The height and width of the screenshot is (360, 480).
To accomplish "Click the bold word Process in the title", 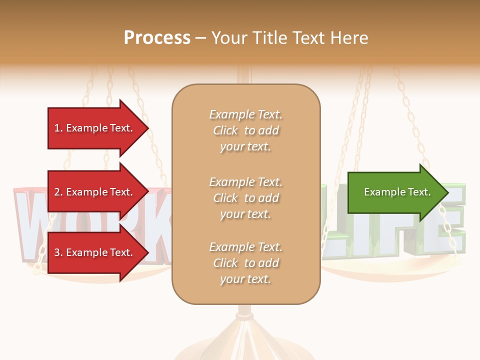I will tap(157, 38).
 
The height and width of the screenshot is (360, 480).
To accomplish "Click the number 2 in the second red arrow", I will tap(57, 192).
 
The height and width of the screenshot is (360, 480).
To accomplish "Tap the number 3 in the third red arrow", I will tap(57, 252).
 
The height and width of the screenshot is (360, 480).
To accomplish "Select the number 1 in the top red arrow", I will tap(57, 128).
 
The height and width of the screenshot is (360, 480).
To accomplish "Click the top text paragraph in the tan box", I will tap(245, 130).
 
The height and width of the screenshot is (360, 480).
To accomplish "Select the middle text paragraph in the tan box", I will tap(245, 198).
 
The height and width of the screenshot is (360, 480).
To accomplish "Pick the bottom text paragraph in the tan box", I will tap(245, 263).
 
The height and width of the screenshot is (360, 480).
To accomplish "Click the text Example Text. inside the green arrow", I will tap(397, 192).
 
